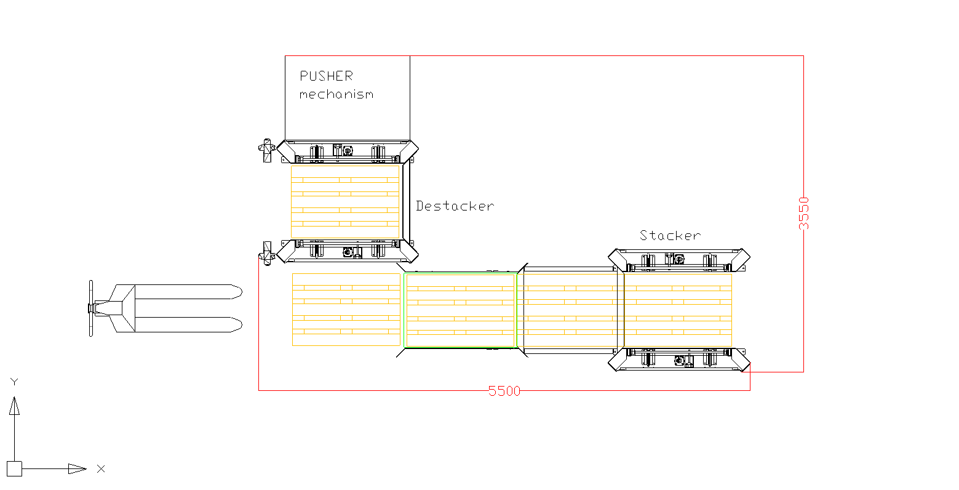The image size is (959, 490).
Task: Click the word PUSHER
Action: (x=326, y=76)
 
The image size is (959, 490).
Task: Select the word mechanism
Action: (x=336, y=94)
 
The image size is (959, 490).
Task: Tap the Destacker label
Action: (x=455, y=206)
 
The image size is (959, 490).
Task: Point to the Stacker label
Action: (x=670, y=235)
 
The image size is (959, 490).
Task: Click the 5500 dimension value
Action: (x=504, y=391)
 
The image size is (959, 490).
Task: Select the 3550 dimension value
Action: (x=803, y=214)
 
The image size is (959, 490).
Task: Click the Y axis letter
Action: (x=14, y=382)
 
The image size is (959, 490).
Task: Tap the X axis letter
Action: (x=101, y=469)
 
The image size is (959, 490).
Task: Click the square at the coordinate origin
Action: (x=14, y=468)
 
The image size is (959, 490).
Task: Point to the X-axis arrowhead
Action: (x=77, y=469)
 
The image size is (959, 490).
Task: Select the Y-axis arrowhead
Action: (x=14, y=406)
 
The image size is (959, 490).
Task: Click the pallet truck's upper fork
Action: (x=188, y=292)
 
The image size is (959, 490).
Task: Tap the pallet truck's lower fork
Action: (x=188, y=324)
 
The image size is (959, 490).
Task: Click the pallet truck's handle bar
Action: (x=91, y=308)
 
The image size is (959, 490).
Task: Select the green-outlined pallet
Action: (x=460, y=310)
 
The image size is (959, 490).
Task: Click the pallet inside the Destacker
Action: (x=345, y=202)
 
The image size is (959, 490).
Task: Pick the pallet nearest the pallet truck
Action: (x=346, y=310)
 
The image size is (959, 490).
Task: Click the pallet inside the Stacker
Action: (x=678, y=310)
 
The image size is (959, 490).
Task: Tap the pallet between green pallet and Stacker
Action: (x=570, y=310)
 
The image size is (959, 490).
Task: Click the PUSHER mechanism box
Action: (x=348, y=98)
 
